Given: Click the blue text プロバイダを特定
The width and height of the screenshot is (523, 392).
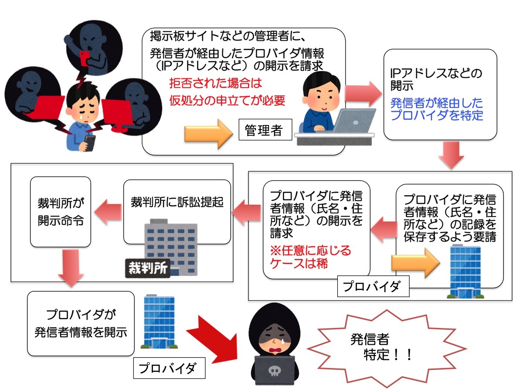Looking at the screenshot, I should click(x=437, y=115).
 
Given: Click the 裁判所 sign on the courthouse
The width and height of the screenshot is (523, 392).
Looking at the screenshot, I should click(x=147, y=267).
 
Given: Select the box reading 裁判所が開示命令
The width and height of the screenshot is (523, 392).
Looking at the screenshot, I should click(x=61, y=212).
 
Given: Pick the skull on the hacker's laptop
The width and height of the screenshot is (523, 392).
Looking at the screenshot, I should click(x=274, y=371).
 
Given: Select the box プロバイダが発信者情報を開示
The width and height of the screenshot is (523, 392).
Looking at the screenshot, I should click(x=81, y=324).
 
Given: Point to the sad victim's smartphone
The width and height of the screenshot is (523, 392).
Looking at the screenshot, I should click(x=90, y=142).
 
